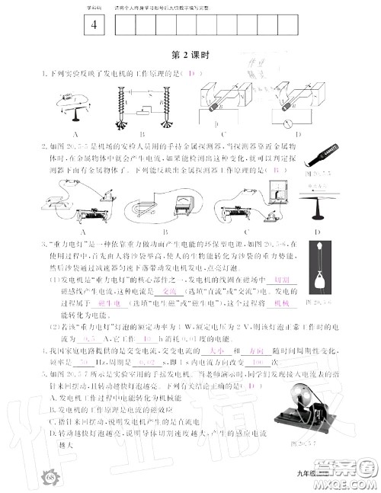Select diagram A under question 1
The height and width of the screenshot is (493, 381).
(x=75, y=106)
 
